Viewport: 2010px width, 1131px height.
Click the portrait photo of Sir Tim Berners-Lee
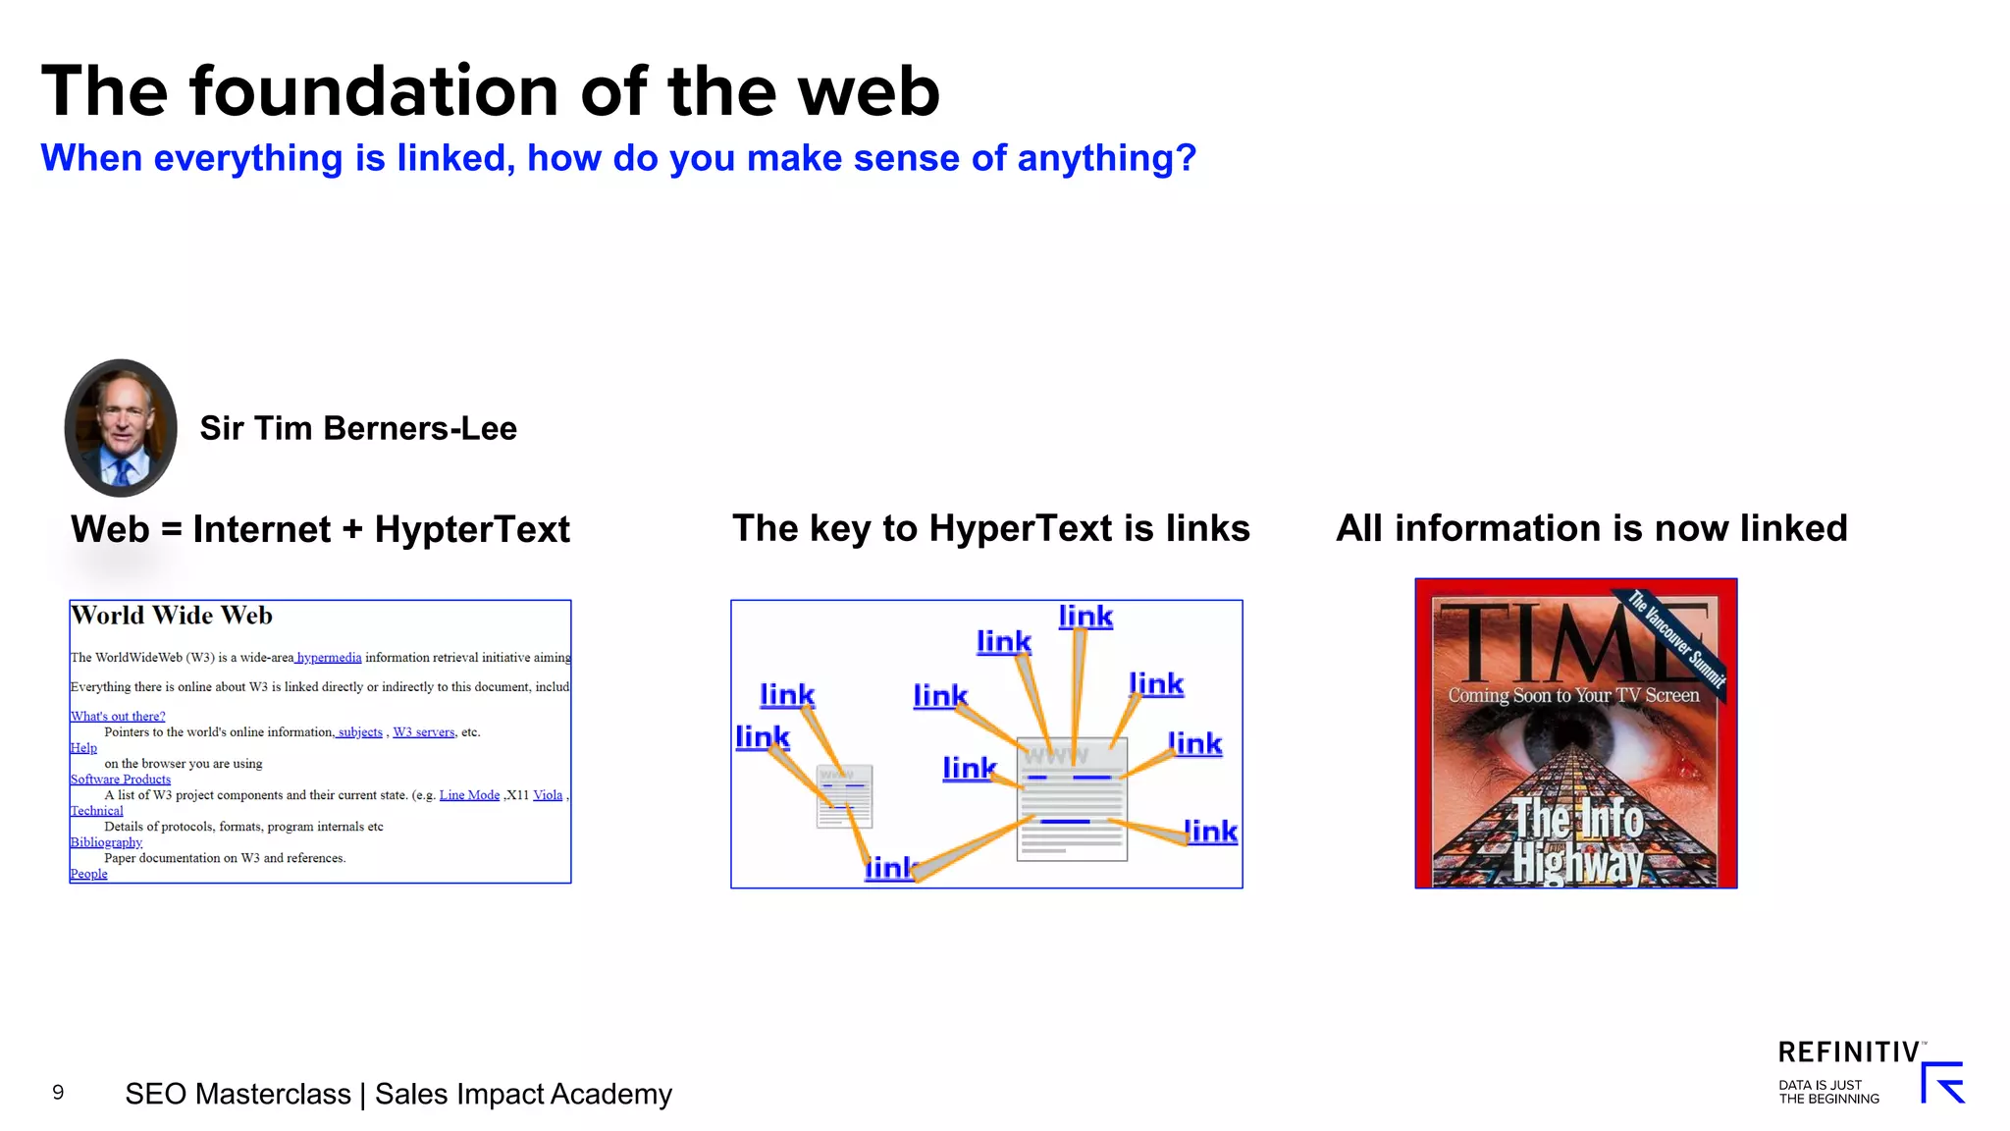[x=121, y=427]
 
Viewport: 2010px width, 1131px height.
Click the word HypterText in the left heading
[x=471, y=530]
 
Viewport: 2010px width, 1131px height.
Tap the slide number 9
[x=58, y=1093]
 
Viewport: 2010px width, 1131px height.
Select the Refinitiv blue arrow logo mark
[x=1942, y=1083]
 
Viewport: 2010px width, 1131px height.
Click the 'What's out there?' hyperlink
[x=118, y=717]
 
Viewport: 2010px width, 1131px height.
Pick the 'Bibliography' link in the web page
[x=106, y=842]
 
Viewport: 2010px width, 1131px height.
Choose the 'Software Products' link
[x=120, y=780]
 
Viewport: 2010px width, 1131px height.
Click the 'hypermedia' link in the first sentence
[x=329, y=658]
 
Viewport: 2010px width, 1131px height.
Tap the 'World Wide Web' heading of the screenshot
[x=172, y=616]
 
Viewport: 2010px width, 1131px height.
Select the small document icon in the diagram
[x=844, y=796]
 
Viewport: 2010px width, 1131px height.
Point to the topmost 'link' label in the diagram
[x=1085, y=617]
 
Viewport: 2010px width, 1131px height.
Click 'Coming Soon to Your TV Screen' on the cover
[x=1573, y=695]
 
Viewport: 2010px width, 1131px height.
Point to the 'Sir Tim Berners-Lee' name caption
[x=358, y=429]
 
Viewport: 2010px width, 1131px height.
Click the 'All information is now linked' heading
[x=1591, y=528]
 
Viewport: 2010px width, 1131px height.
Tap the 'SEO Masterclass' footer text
[x=238, y=1094]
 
